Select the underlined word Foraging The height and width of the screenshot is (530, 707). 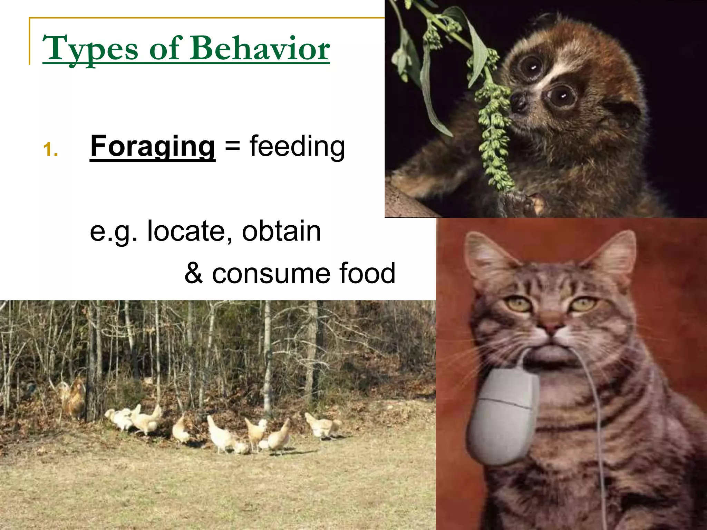(x=152, y=146)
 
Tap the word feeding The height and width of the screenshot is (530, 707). (x=297, y=146)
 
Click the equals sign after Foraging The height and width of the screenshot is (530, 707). (x=232, y=146)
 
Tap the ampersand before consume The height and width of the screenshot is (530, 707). (x=193, y=273)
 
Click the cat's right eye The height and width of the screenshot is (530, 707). (x=583, y=304)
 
